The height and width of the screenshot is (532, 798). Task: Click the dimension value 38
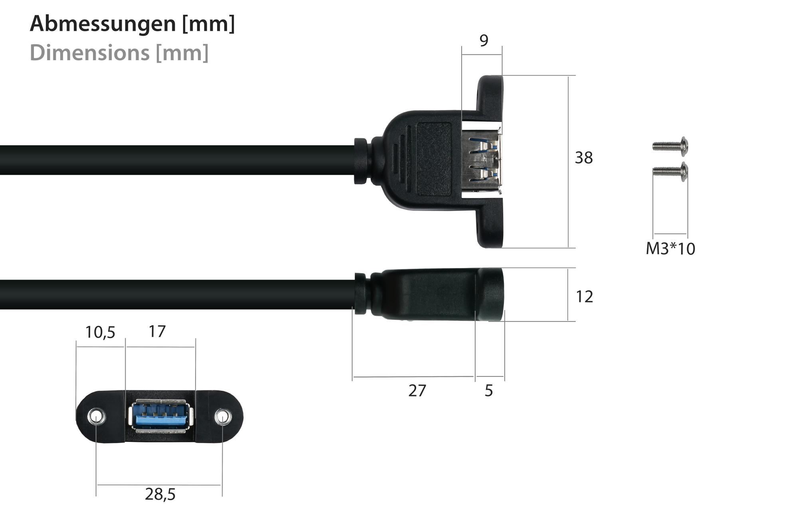tap(583, 158)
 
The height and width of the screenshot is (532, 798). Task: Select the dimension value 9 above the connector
tap(484, 41)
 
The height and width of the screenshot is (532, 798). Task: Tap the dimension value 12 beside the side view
tap(584, 297)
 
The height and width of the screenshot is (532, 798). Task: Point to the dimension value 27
tap(417, 391)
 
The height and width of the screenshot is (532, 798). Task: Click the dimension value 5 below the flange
tap(489, 391)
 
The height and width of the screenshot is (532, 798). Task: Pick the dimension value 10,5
tap(100, 332)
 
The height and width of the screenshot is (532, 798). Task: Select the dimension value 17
tap(157, 331)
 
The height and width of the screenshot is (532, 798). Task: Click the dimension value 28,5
tap(160, 495)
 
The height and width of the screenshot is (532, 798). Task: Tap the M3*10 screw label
tap(670, 249)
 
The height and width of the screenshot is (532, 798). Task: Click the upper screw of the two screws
tap(670, 146)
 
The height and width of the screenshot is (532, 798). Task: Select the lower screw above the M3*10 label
tap(670, 172)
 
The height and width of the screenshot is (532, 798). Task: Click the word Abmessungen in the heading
tap(103, 24)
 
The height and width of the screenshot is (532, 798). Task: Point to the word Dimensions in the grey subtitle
tap(90, 53)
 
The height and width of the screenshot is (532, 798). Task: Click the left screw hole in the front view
tap(96, 417)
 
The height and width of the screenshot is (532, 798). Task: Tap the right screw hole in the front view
tap(223, 417)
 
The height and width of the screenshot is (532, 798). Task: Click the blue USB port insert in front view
tap(161, 417)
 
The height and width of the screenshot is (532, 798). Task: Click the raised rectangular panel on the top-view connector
tap(434, 159)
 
